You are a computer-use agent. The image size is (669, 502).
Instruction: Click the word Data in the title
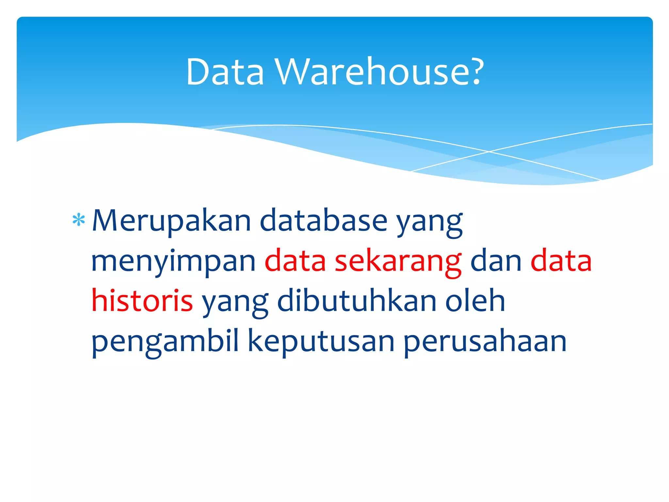click(225, 72)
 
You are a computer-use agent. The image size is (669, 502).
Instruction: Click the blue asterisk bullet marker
click(78, 221)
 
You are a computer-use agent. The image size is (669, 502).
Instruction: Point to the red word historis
click(142, 301)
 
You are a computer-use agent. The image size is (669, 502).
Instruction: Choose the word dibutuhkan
click(357, 301)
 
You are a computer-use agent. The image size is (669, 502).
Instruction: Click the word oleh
click(475, 301)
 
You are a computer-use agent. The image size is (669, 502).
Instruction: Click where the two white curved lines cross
click(489, 152)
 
